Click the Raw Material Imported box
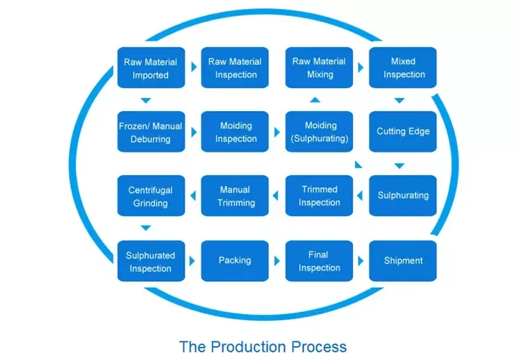pyautogui.click(x=150, y=68)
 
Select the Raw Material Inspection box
pyautogui.click(x=235, y=68)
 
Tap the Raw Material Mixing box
pyautogui.click(x=319, y=68)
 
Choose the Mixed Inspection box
pyautogui.click(x=403, y=68)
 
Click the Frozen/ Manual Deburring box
pyautogui.click(x=150, y=132)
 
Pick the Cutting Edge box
pyautogui.click(x=403, y=132)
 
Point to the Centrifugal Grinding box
pyautogui.click(x=150, y=196)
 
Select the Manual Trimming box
pyautogui.click(x=235, y=196)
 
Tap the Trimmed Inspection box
pyautogui.click(x=319, y=196)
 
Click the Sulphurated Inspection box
pyautogui.click(x=150, y=261)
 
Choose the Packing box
pyautogui.click(x=235, y=261)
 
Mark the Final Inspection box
pyautogui.click(x=319, y=261)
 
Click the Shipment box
pyautogui.click(x=403, y=261)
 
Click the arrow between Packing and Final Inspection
pyautogui.click(x=277, y=261)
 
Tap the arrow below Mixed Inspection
pyautogui.click(x=399, y=100)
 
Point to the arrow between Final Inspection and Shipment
pyautogui.click(x=361, y=261)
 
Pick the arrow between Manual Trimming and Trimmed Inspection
pyautogui.click(x=277, y=197)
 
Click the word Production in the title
pyautogui.click(x=252, y=346)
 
